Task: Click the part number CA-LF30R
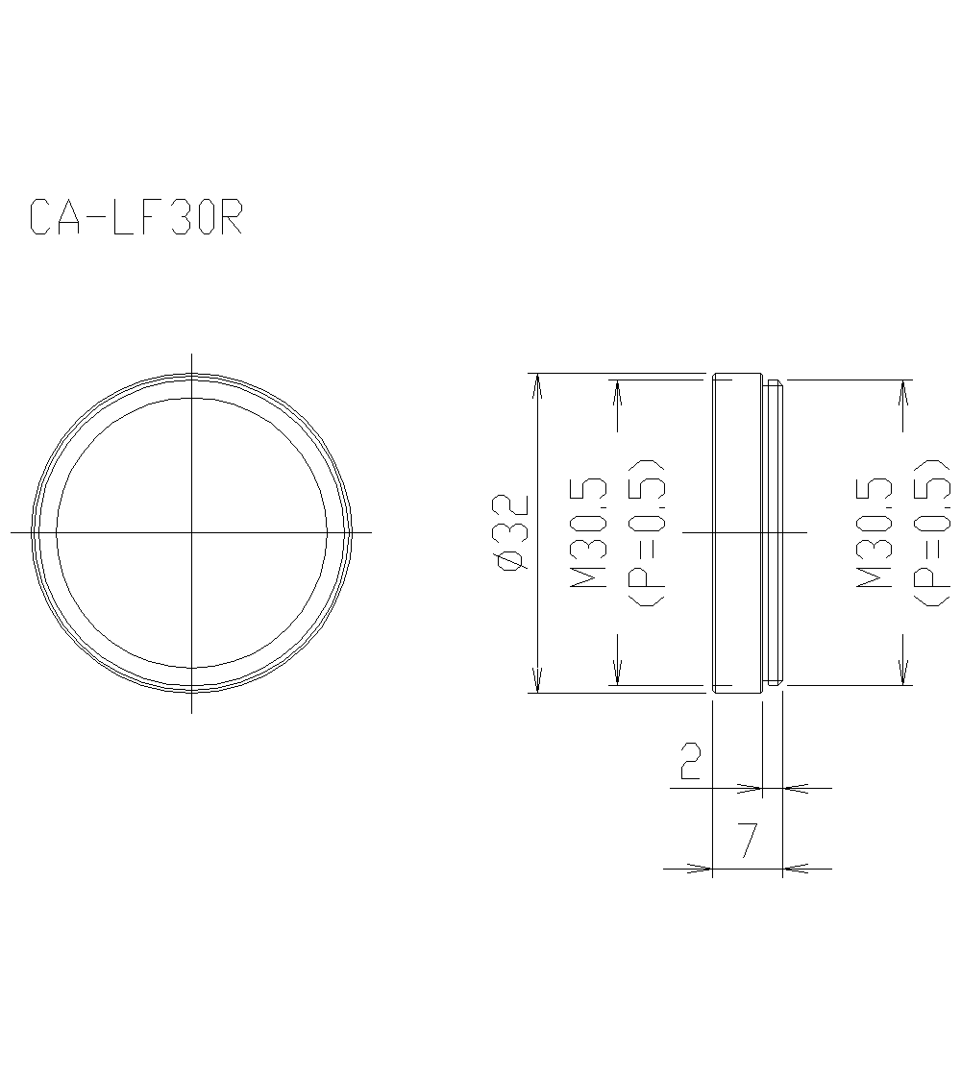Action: (x=136, y=217)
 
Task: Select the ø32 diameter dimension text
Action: (x=510, y=534)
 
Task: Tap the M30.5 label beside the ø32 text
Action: (x=588, y=534)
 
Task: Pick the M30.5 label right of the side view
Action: (x=874, y=534)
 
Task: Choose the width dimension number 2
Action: (x=690, y=760)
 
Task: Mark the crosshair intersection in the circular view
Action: (x=192, y=531)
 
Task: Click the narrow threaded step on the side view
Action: (x=774, y=532)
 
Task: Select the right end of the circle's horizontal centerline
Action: (x=370, y=531)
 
